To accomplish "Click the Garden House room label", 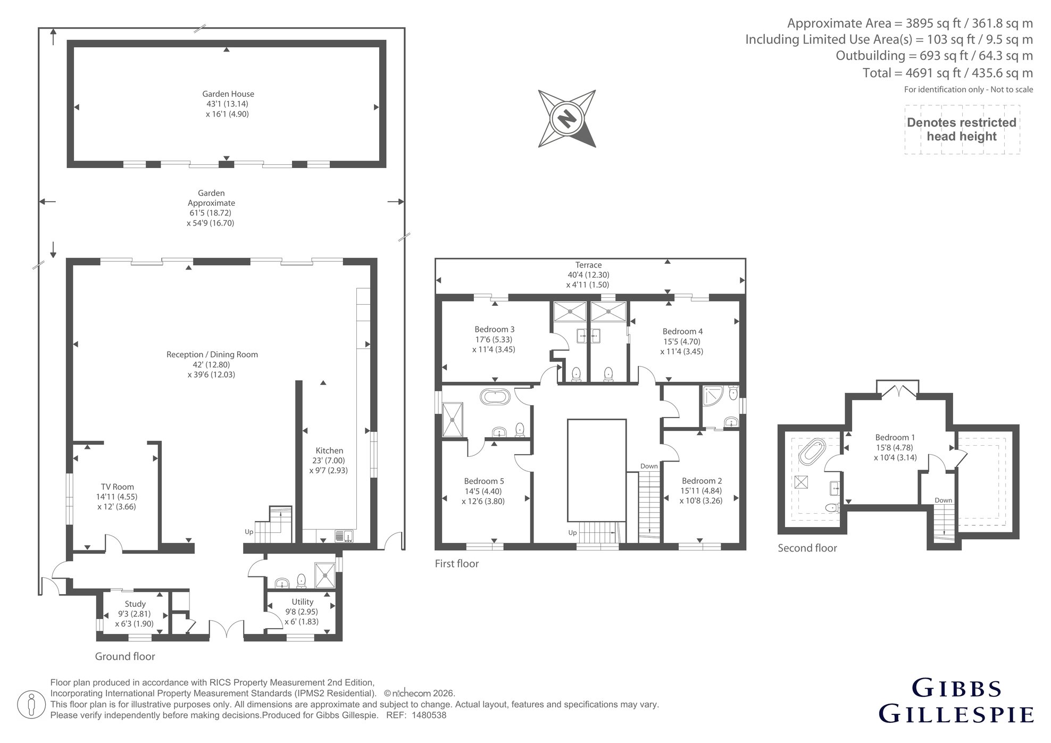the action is click(228, 94).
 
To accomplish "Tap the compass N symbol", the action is click(567, 118).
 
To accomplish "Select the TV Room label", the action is click(118, 487).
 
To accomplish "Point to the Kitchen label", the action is click(329, 450).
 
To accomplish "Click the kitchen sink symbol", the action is click(344, 536).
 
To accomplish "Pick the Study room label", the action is click(135, 604).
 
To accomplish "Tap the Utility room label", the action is click(302, 602).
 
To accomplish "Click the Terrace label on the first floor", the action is click(588, 265).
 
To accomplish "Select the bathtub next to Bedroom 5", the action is click(495, 396).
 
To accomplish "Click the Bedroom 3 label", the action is click(495, 329).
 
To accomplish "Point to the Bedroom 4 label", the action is click(682, 331).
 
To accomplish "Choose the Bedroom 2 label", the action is click(702, 481).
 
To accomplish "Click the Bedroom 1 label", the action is click(895, 438).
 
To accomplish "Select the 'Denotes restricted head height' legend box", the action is click(962, 129).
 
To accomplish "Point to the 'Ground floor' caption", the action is click(125, 657).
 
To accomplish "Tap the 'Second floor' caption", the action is click(807, 548).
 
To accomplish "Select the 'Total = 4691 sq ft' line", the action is click(948, 73).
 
